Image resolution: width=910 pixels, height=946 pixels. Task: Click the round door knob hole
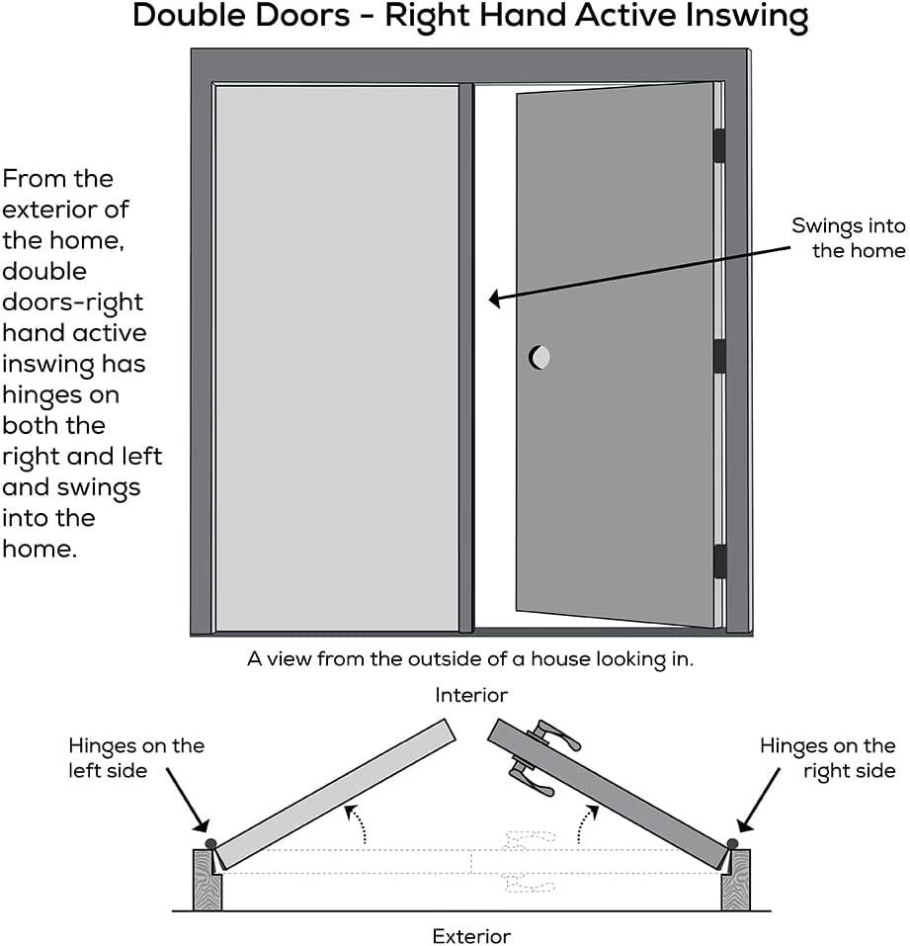pyautogui.click(x=539, y=357)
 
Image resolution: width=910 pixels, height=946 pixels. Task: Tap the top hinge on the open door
pyautogui.click(x=719, y=144)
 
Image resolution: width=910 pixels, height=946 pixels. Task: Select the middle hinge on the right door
pyautogui.click(x=719, y=356)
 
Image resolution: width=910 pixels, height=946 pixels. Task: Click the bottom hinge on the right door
pyautogui.click(x=719, y=560)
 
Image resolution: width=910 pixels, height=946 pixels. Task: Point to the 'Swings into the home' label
pyautogui.click(x=848, y=238)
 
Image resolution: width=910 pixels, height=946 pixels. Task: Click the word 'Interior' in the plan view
pyautogui.click(x=471, y=696)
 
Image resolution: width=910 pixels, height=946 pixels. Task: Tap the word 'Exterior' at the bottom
pyautogui.click(x=471, y=935)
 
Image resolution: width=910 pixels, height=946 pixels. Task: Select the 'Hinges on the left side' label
pyautogui.click(x=136, y=758)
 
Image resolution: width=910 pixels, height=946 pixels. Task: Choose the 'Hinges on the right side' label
pyautogui.click(x=827, y=758)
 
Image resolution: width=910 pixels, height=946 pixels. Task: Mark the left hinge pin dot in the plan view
pyautogui.click(x=209, y=842)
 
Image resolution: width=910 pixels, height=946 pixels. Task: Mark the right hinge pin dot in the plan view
pyautogui.click(x=732, y=842)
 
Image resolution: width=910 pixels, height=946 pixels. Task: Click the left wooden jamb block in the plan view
pyautogui.click(x=207, y=880)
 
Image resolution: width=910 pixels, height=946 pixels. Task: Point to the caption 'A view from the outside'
pyautogui.click(x=470, y=659)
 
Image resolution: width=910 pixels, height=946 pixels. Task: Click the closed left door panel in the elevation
pyautogui.click(x=336, y=356)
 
